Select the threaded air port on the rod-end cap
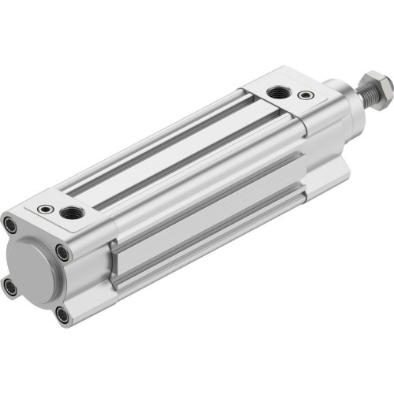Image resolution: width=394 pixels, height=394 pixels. [277, 93]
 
